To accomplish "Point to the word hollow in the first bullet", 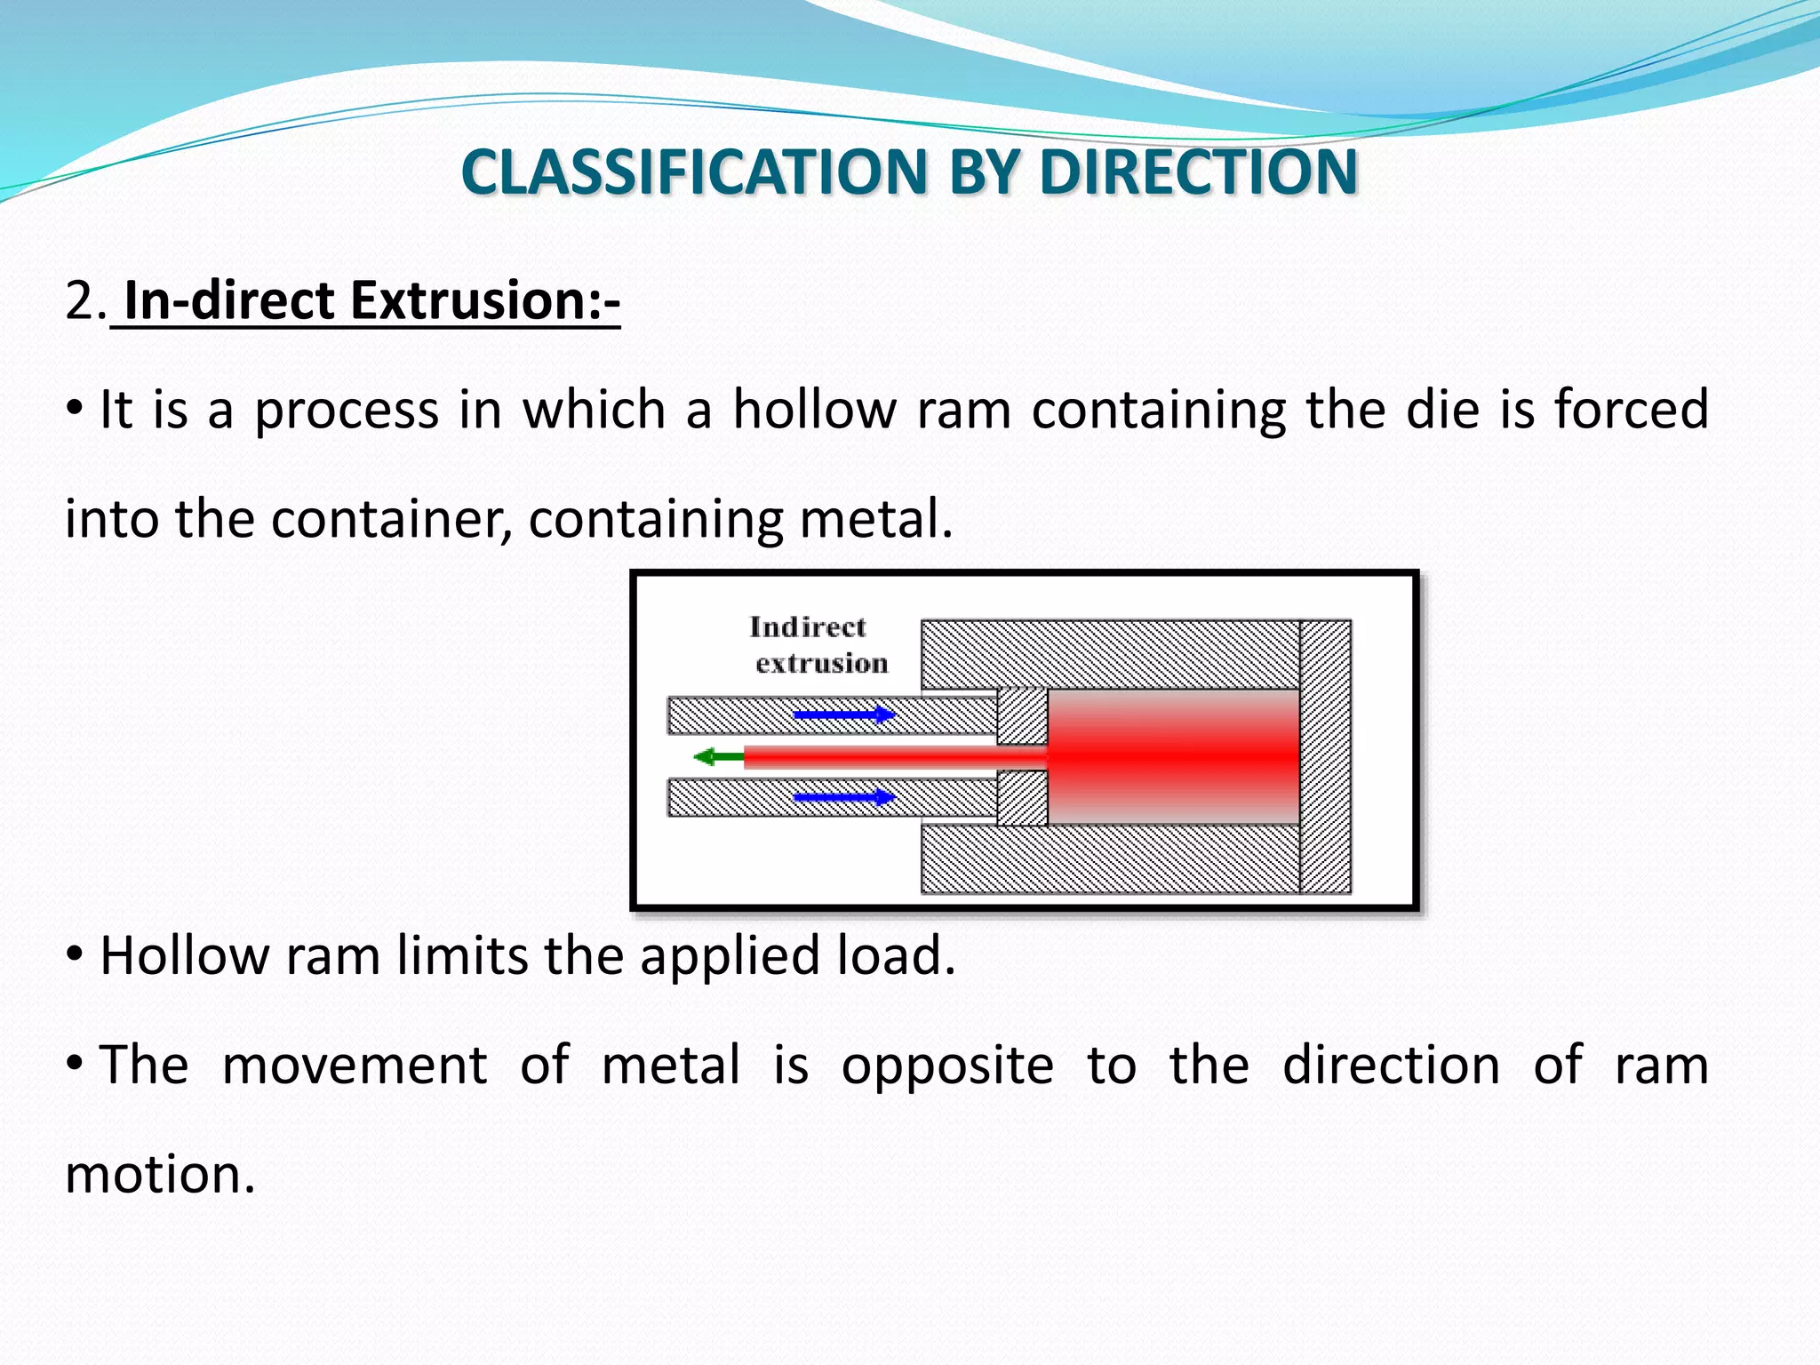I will [813, 411].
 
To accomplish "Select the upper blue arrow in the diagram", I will [842, 714].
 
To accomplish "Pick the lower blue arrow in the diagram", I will [842, 797].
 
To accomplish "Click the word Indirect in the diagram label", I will [806, 627].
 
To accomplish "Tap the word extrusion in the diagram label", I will [821, 664].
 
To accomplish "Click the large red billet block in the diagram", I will [1173, 756].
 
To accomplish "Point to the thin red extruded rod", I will [889, 757].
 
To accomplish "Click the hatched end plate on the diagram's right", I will [1325, 756].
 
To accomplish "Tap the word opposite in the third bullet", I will [946, 1066].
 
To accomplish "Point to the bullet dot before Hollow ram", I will [76, 955].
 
